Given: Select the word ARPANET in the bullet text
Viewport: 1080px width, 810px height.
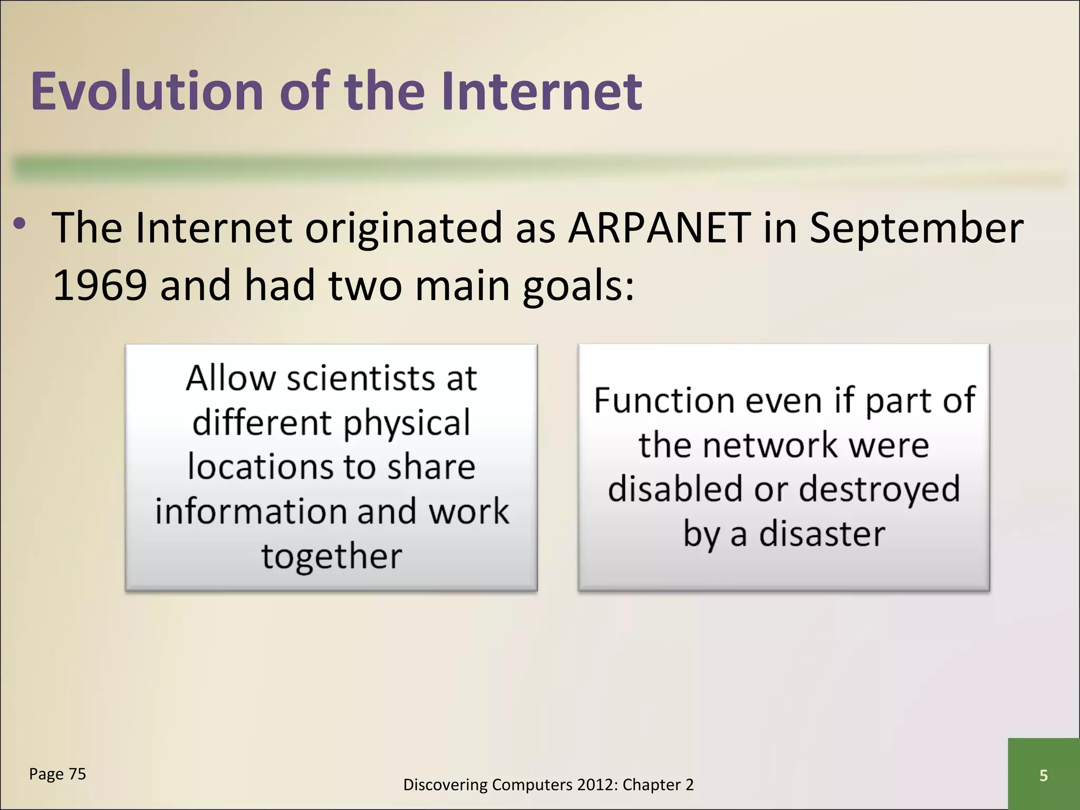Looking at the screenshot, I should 659,228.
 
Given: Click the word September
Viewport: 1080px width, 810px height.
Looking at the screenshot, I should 917,228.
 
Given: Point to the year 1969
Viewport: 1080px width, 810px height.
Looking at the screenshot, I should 100,285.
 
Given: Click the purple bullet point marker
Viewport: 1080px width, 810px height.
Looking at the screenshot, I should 20,224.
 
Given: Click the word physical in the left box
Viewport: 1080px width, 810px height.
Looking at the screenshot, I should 407,423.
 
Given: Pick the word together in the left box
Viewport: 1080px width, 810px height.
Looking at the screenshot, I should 332,557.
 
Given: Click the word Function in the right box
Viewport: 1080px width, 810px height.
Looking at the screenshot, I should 664,400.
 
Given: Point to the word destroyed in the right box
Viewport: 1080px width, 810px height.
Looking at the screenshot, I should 879,489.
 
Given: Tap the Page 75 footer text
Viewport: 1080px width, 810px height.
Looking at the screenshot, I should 57,774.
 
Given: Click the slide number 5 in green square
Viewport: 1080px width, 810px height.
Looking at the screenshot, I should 1043,775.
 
